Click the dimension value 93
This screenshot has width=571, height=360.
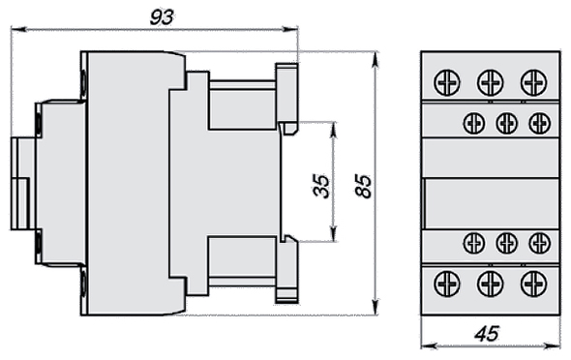pos(162,17)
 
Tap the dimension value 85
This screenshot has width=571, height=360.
pos(364,187)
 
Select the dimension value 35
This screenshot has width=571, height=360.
pos(321,187)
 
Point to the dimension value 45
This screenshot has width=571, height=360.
pos(487,334)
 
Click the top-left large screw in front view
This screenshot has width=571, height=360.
pos(447,82)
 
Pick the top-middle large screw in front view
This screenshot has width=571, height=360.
pos(490,82)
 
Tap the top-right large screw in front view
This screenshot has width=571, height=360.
pos(533,82)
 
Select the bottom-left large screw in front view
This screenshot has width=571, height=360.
pos(447,284)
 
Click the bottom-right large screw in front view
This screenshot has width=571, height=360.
pos(533,284)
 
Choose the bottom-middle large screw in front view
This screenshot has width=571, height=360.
pos(490,284)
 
